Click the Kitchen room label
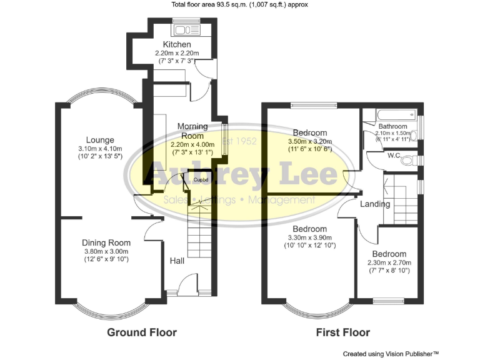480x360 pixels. point(177,45)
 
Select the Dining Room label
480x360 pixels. point(106,243)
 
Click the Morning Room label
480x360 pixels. point(192,131)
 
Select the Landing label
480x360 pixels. point(375,204)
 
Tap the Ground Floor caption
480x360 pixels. point(142,332)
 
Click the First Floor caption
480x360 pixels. point(344,332)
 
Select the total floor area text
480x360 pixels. point(240,5)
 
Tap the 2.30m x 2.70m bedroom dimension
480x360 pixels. point(389,263)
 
